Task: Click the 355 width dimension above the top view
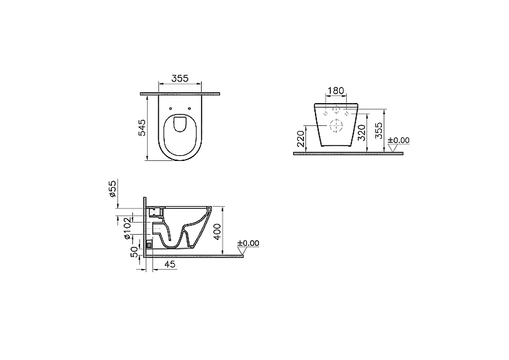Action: click(179, 79)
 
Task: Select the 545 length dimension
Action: click(143, 127)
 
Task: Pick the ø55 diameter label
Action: click(113, 191)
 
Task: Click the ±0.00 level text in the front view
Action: click(398, 140)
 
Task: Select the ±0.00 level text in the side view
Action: click(248, 243)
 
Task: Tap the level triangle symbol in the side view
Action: click(242, 252)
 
